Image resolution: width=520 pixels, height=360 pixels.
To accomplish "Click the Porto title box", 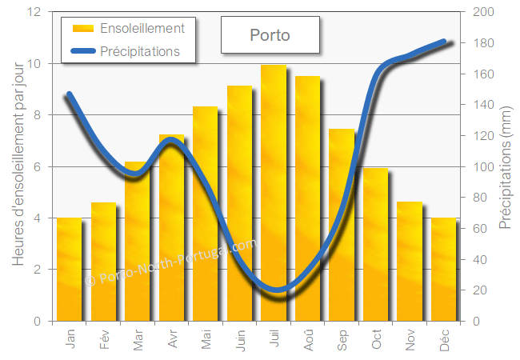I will pos(270,35).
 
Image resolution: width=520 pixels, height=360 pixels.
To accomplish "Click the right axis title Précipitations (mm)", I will pos(506,166).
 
